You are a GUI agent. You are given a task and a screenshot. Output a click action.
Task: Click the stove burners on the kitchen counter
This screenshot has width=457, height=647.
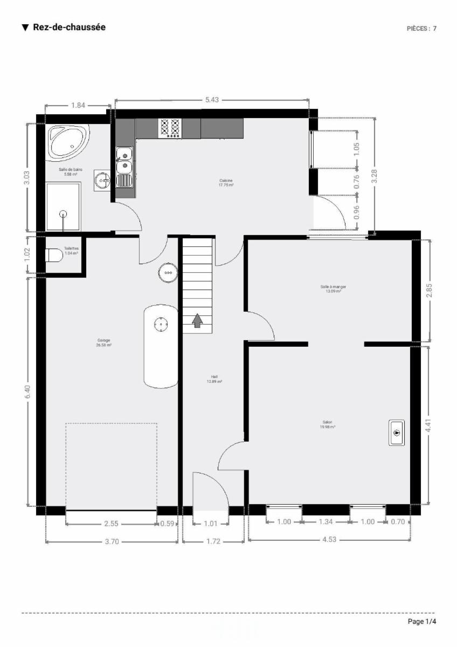pyautogui.click(x=170, y=128)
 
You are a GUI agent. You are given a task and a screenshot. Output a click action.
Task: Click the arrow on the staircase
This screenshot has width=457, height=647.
pyautogui.click(x=197, y=321)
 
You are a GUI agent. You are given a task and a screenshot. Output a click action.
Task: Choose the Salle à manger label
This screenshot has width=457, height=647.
pyautogui.click(x=333, y=289)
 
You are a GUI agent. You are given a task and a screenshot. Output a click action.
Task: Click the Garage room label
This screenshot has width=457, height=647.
pyautogui.click(x=104, y=342)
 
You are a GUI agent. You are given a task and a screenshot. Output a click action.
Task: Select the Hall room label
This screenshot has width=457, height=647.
pyautogui.click(x=214, y=379)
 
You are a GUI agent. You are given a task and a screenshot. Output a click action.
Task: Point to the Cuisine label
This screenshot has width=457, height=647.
pyautogui.click(x=226, y=182)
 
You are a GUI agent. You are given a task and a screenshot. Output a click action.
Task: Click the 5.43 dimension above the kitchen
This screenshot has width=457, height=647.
pyautogui.click(x=212, y=100)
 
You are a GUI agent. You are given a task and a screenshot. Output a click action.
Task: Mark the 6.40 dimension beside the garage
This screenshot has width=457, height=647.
pyautogui.click(x=27, y=392)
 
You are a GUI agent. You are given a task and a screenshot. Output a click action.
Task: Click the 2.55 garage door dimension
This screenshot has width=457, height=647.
pyautogui.click(x=110, y=522)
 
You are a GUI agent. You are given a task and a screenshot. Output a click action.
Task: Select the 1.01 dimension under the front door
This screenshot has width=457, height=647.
pyautogui.click(x=211, y=522)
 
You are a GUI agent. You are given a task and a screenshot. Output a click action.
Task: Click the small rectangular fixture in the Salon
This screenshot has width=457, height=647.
pyautogui.click(x=397, y=432)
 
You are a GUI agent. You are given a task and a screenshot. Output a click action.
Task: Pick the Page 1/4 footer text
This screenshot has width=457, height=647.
pyautogui.click(x=422, y=622)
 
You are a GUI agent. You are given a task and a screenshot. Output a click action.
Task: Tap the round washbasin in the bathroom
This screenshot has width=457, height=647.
pyautogui.click(x=102, y=180)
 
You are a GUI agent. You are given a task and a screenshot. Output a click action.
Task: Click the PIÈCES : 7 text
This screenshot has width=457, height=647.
pyautogui.click(x=421, y=29)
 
